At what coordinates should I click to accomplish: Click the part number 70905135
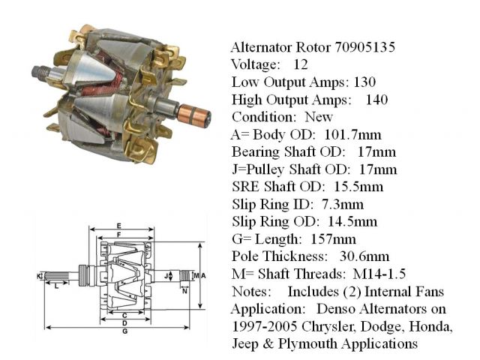pyautogui.click(x=364, y=47)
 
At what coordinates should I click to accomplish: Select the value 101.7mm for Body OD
pyautogui.click(x=352, y=135)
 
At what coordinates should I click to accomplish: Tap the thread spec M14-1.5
pyautogui.click(x=379, y=274)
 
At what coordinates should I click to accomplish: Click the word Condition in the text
pyautogui.click(x=264, y=117)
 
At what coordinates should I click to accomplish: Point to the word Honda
pyautogui.click(x=430, y=327)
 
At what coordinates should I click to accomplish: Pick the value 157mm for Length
pyautogui.click(x=333, y=239)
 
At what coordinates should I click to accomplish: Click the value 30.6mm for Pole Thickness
pyautogui.click(x=364, y=256)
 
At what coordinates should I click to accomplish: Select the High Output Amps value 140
pyautogui.click(x=376, y=100)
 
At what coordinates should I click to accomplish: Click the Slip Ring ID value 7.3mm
pyautogui.click(x=343, y=204)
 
